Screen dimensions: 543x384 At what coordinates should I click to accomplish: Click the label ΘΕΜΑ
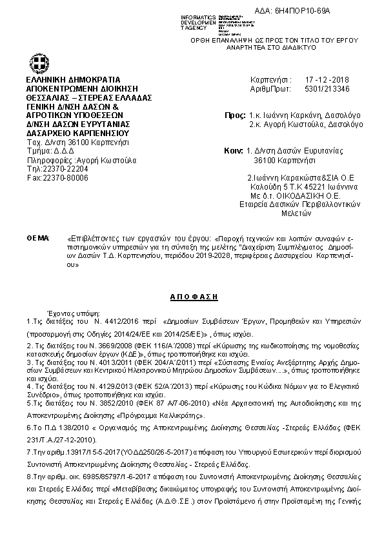[x=37, y=239]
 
